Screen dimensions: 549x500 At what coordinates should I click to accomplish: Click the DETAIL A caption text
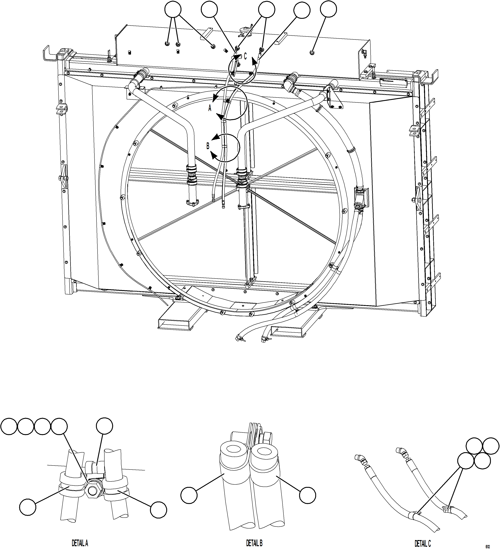[x=80, y=543]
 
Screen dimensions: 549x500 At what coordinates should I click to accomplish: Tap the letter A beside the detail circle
[x=210, y=108]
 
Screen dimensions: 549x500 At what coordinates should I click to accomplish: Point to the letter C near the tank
[x=245, y=56]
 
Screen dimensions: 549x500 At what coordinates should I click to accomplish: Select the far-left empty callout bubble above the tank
[x=173, y=9]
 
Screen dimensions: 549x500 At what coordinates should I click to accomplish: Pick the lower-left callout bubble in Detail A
[x=28, y=507]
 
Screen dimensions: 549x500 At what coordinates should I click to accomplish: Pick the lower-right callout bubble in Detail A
[x=158, y=510]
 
